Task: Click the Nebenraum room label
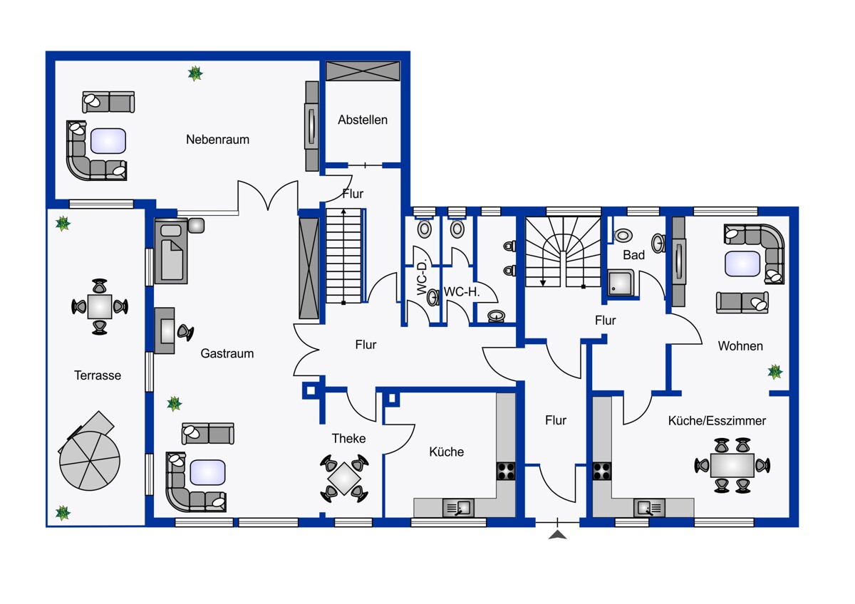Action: (x=217, y=140)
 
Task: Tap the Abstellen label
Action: (x=363, y=120)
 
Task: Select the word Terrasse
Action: (x=98, y=375)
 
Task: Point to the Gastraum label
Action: (x=227, y=353)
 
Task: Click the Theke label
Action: (x=348, y=439)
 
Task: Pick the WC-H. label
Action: (x=462, y=292)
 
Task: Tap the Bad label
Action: (x=633, y=255)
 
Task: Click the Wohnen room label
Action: (x=740, y=346)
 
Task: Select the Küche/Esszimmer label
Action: (x=717, y=421)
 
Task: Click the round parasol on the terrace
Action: (x=90, y=461)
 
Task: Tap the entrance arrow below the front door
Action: (x=558, y=535)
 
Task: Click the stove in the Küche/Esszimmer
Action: (x=601, y=472)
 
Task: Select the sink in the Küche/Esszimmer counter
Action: (x=649, y=508)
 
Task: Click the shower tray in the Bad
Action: (x=621, y=283)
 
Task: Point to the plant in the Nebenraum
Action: (x=195, y=73)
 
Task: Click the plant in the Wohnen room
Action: (x=775, y=372)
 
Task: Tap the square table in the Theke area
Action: (x=344, y=479)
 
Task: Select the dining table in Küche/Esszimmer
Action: (x=732, y=466)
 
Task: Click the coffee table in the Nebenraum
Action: (x=108, y=141)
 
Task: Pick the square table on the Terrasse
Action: (x=100, y=307)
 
